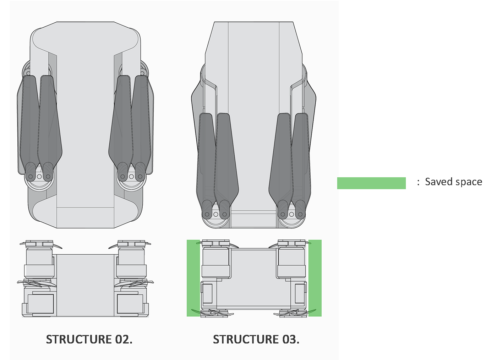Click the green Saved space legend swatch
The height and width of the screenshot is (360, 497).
371,183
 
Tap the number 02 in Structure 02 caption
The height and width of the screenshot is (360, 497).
123,339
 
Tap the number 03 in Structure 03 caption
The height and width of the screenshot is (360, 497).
290,339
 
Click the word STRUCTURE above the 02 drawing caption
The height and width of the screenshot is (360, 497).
79,339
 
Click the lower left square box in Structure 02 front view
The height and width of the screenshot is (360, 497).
40,304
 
